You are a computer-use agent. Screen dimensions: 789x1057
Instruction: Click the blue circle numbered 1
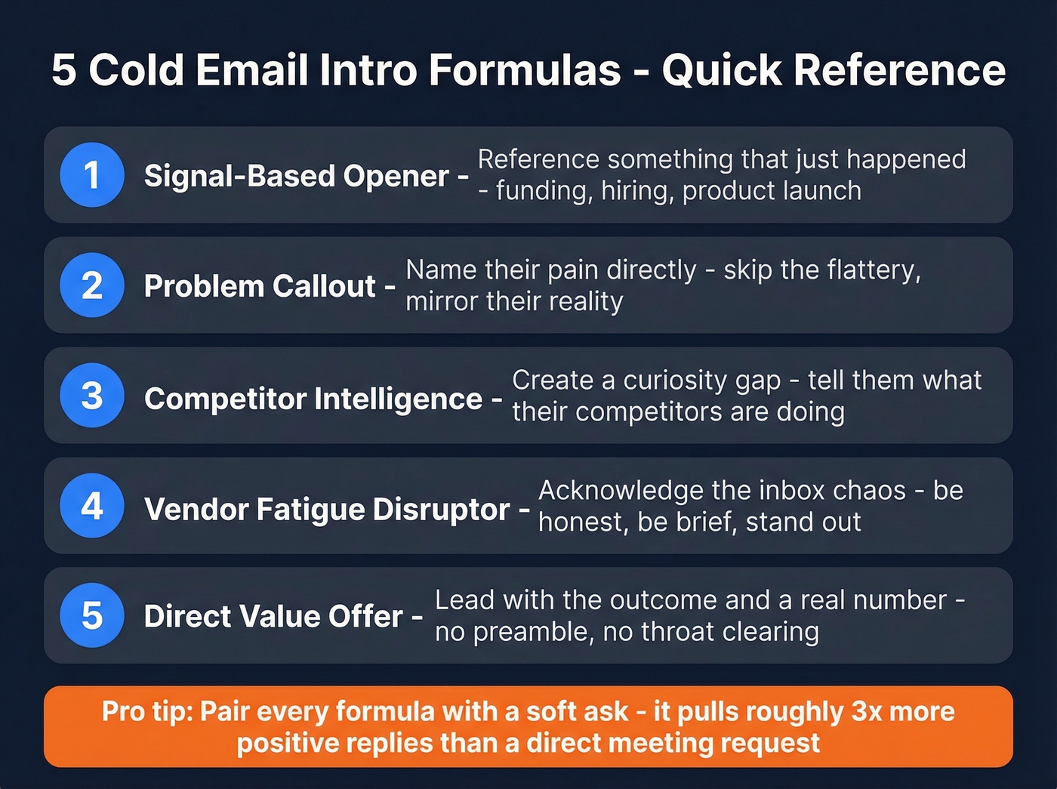point(92,175)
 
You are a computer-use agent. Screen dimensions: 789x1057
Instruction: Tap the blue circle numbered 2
point(92,285)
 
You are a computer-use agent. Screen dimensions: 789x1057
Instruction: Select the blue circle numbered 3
point(92,396)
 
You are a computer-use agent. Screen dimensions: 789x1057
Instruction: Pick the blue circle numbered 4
point(92,506)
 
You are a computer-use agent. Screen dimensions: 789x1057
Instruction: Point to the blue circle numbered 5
point(92,615)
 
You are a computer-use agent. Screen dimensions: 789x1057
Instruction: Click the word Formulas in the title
point(525,70)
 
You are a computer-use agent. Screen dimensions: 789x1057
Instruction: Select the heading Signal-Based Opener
point(297,176)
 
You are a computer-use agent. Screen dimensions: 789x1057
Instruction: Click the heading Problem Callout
point(260,286)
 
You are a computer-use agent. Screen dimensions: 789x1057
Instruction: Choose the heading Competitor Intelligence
point(313,399)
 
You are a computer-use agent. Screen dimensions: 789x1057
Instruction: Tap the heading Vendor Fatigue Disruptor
point(327,510)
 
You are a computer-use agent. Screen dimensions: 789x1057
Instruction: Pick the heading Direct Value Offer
point(273,617)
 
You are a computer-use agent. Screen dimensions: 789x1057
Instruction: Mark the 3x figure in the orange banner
point(867,712)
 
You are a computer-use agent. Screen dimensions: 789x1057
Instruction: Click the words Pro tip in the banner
point(147,712)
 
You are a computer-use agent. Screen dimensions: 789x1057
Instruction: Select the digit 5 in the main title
point(64,70)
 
